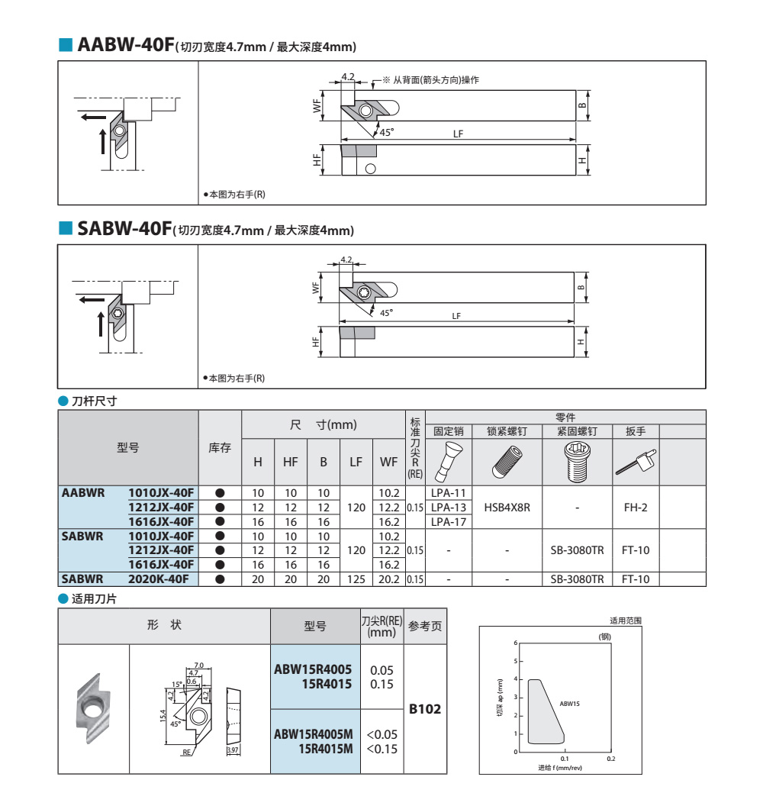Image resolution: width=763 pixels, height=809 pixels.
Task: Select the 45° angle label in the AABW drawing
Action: click(x=387, y=133)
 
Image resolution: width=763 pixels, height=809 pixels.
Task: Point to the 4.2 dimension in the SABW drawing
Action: click(x=346, y=259)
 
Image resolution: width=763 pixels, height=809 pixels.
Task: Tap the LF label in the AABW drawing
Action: click(x=458, y=134)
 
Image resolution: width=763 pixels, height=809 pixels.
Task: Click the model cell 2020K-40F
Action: click(x=159, y=579)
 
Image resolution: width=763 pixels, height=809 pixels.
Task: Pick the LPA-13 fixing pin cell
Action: click(x=449, y=508)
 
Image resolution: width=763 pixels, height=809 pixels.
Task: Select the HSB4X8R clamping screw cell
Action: click(x=507, y=508)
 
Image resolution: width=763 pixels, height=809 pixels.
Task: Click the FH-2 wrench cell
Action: click(x=636, y=508)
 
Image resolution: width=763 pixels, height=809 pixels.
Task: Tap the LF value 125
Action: click(x=356, y=579)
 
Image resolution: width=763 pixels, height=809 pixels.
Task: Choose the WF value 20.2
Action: click(x=389, y=579)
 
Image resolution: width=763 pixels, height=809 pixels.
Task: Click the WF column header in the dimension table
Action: click(x=389, y=463)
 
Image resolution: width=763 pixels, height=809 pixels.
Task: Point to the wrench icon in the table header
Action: click(x=636, y=462)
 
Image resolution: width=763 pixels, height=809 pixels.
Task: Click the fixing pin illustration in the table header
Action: click(x=449, y=462)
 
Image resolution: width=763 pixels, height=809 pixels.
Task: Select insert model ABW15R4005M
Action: click(x=314, y=734)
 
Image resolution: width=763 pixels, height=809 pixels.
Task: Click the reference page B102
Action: click(x=425, y=710)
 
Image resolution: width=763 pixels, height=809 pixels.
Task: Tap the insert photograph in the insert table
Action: click(x=93, y=708)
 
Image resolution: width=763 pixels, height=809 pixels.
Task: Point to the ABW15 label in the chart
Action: click(x=569, y=704)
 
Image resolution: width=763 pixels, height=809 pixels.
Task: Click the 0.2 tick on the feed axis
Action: click(x=611, y=759)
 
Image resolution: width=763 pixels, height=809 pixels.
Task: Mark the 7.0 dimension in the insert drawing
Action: click(x=198, y=666)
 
